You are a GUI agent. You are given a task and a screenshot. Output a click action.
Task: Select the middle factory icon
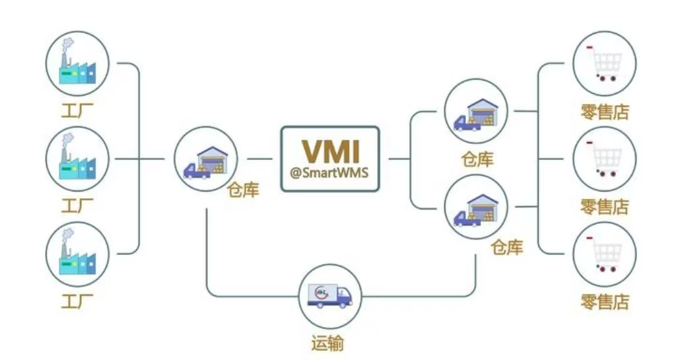77,159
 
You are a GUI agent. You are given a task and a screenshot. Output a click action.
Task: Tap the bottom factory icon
77,254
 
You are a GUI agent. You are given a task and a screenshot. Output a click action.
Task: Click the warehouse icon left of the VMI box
206,159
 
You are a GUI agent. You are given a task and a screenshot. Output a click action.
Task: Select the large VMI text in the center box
330,151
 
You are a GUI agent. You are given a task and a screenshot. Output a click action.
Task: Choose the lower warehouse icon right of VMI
477,207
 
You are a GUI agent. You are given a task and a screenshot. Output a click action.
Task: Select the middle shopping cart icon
605,159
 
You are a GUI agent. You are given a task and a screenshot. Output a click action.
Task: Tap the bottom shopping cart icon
605,254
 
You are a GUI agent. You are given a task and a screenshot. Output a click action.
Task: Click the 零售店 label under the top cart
605,112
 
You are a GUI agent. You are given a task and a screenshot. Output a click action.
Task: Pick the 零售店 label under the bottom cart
605,303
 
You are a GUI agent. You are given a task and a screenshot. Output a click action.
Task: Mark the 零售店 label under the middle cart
605,207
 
